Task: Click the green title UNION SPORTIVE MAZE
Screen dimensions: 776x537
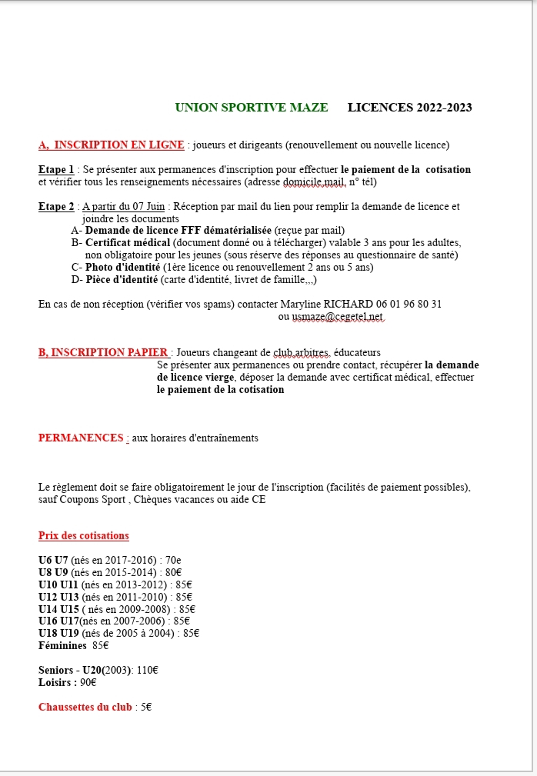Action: click(x=251, y=107)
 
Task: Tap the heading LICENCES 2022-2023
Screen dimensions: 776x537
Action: click(x=409, y=107)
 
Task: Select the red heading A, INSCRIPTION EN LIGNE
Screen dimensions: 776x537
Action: click(x=112, y=145)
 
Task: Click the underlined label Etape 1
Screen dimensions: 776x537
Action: click(x=56, y=169)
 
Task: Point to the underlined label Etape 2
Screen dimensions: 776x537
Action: click(x=56, y=206)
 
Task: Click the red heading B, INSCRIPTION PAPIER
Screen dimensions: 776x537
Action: click(x=103, y=353)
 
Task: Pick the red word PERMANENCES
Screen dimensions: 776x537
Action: click(x=81, y=438)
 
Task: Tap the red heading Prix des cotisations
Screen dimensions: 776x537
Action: click(x=84, y=535)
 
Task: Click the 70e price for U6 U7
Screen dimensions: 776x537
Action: click(x=173, y=560)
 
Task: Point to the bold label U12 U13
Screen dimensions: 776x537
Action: click(x=58, y=596)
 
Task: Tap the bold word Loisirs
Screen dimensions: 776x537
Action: click(x=55, y=682)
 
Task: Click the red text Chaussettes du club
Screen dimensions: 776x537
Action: click(x=85, y=707)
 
